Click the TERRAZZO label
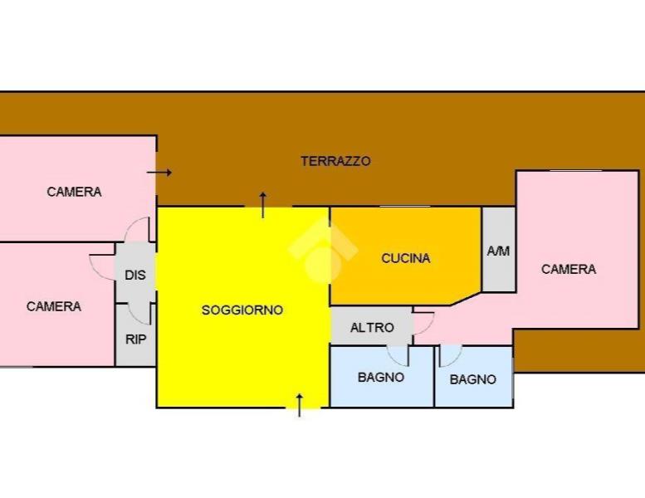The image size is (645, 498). (x=335, y=161)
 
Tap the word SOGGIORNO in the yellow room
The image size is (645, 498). (x=242, y=310)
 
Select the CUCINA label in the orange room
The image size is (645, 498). (x=406, y=258)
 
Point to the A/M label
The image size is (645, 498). (x=498, y=251)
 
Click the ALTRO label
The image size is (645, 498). (x=372, y=327)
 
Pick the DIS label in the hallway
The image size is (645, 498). (x=135, y=275)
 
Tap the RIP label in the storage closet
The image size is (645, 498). (x=136, y=339)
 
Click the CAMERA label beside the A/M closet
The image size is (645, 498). (x=569, y=269)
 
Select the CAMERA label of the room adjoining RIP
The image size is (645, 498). (x=53, y=306)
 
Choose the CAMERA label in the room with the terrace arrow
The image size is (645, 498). (x=74, y=192)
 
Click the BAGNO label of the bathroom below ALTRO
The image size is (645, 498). (x=381, y=377)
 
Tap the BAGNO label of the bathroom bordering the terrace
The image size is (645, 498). (x=472, y=379)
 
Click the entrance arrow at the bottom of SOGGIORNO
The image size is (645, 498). (x=300, y=405)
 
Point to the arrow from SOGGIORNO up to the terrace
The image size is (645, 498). (x=263, y=204)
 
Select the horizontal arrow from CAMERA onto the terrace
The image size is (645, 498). (x=159, y=173)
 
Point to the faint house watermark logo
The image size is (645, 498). (x=323, y=250)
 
